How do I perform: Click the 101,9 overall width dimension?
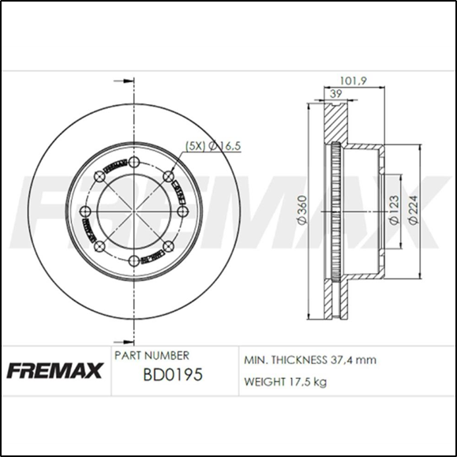point(351,80)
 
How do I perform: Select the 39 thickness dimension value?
point(335,95)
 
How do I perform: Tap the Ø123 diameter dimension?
point(392,211)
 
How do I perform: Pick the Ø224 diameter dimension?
point(413,211)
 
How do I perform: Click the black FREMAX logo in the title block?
point(54,369)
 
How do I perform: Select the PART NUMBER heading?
point(152,356)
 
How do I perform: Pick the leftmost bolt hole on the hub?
point(85,211)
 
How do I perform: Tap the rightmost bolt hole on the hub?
point(183,211)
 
